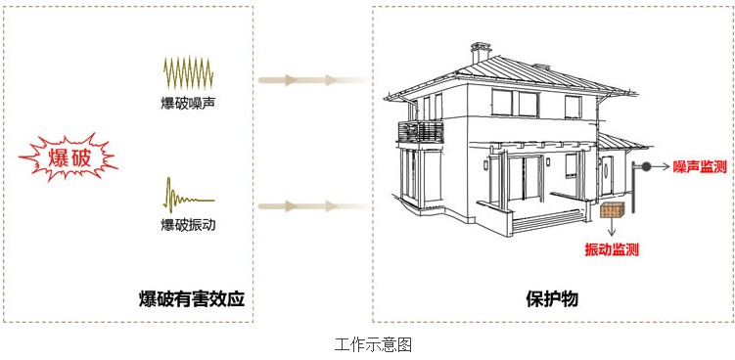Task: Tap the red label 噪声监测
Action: tap(699, 167)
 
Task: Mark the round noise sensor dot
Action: tap(647, 167)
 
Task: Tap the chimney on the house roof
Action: tap(480, 53)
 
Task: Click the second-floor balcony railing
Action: tap(420, 132)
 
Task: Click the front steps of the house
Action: tap(544, 222)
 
